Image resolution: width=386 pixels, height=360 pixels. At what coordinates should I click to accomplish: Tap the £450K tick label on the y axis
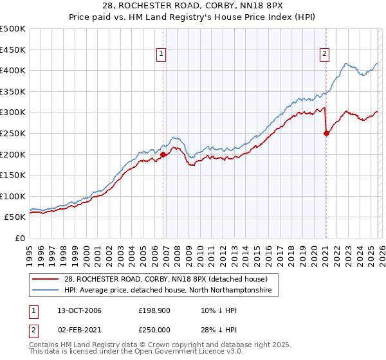13,50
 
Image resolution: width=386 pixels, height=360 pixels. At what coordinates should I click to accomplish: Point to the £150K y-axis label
13,175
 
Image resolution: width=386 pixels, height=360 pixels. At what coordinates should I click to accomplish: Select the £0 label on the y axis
19,238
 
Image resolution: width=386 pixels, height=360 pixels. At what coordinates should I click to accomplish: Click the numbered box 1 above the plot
161,55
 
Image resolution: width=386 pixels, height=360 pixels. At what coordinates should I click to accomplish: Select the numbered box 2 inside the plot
324,55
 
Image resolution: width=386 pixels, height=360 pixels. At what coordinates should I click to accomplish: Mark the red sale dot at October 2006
163,154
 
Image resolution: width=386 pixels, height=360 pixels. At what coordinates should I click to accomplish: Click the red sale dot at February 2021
326,133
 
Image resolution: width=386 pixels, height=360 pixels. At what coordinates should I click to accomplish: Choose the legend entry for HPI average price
167,291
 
